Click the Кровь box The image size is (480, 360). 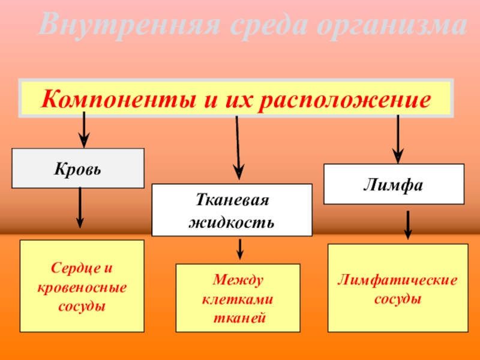(79, 168)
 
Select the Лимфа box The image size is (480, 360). (394, 184)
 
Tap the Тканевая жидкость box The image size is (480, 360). (232, 209)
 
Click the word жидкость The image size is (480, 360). (232, 221)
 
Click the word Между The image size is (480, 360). (238, 280)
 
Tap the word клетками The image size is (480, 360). (238, 298)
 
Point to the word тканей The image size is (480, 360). (238, 316)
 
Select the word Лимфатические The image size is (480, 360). (397, 280)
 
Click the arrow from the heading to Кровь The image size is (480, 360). (83, 130)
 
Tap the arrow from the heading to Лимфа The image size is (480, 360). (397, 137)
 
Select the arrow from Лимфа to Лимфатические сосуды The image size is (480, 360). (408, 224)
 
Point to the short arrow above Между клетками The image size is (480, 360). (240, 249)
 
